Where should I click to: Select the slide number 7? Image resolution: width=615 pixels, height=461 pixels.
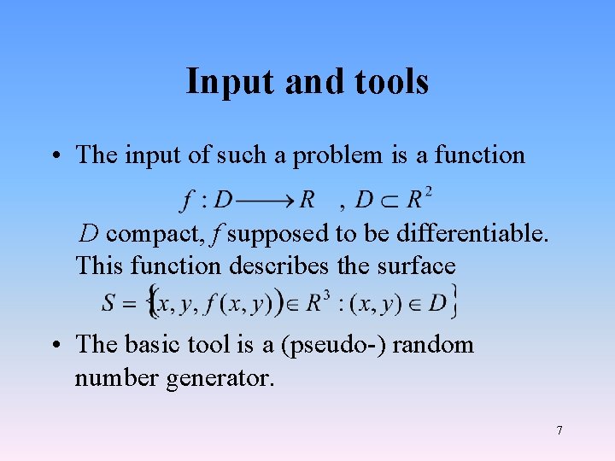(559, 430)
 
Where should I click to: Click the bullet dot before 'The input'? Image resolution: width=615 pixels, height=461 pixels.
(54, 156)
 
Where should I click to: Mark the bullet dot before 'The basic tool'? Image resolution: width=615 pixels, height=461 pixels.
(54, 345)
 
